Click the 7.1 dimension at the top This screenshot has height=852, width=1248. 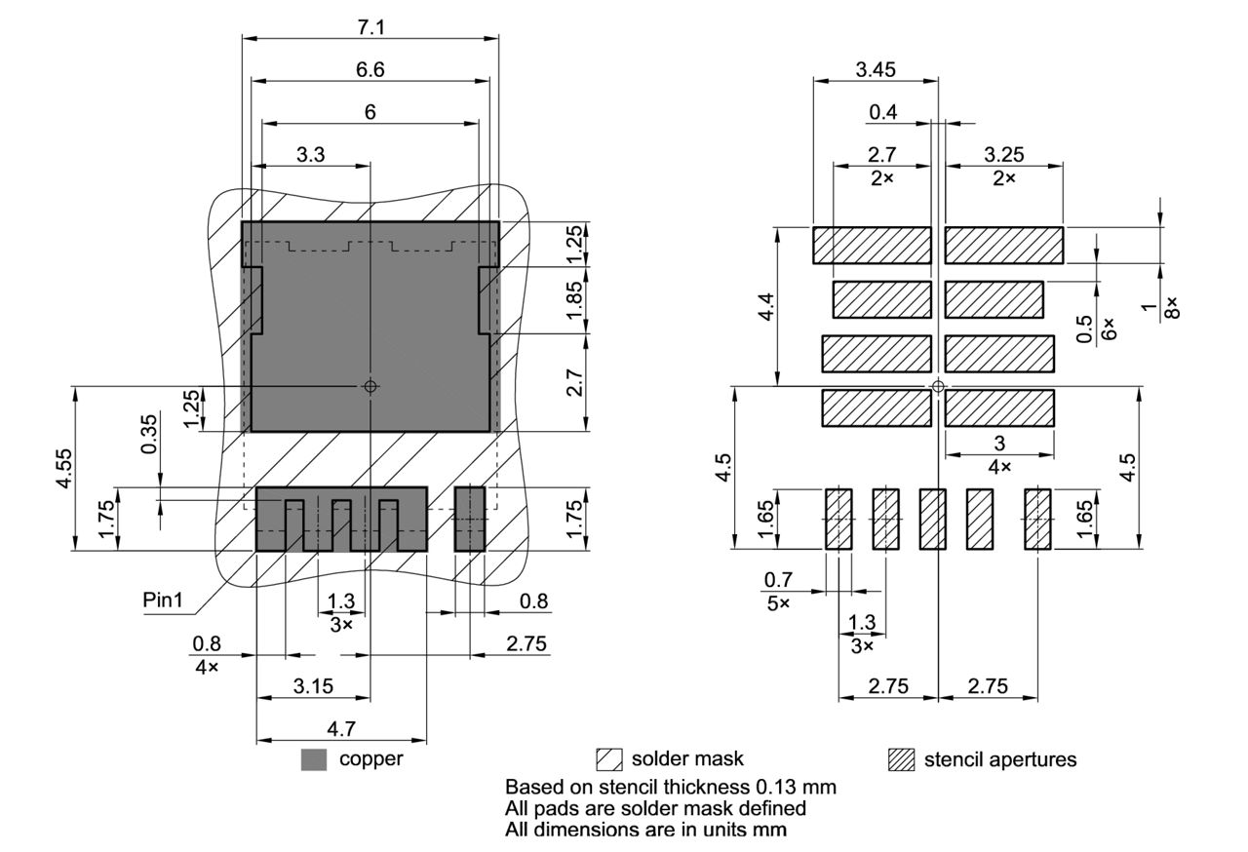click(370, 27)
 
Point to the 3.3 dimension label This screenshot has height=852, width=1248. click(311, 154)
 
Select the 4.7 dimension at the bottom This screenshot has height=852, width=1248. click(340, 728)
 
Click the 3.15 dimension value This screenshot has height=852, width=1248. click(313, 686)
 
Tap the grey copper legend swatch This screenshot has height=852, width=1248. click(314, 760)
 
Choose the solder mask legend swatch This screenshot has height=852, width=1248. click(609, 760)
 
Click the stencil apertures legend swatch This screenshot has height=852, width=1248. click(902, 760)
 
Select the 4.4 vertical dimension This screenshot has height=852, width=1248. click(766, 307)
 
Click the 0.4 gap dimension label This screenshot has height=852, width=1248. click(883, 112)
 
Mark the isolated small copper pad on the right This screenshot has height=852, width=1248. click(470, 519)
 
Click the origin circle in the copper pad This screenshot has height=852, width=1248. click(370, 386)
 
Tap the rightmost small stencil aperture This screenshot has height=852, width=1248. click(1037, 519)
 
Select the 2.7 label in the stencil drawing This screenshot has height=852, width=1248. click(882, 154)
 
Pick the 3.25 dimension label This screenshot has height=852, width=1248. click(1003, 154)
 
